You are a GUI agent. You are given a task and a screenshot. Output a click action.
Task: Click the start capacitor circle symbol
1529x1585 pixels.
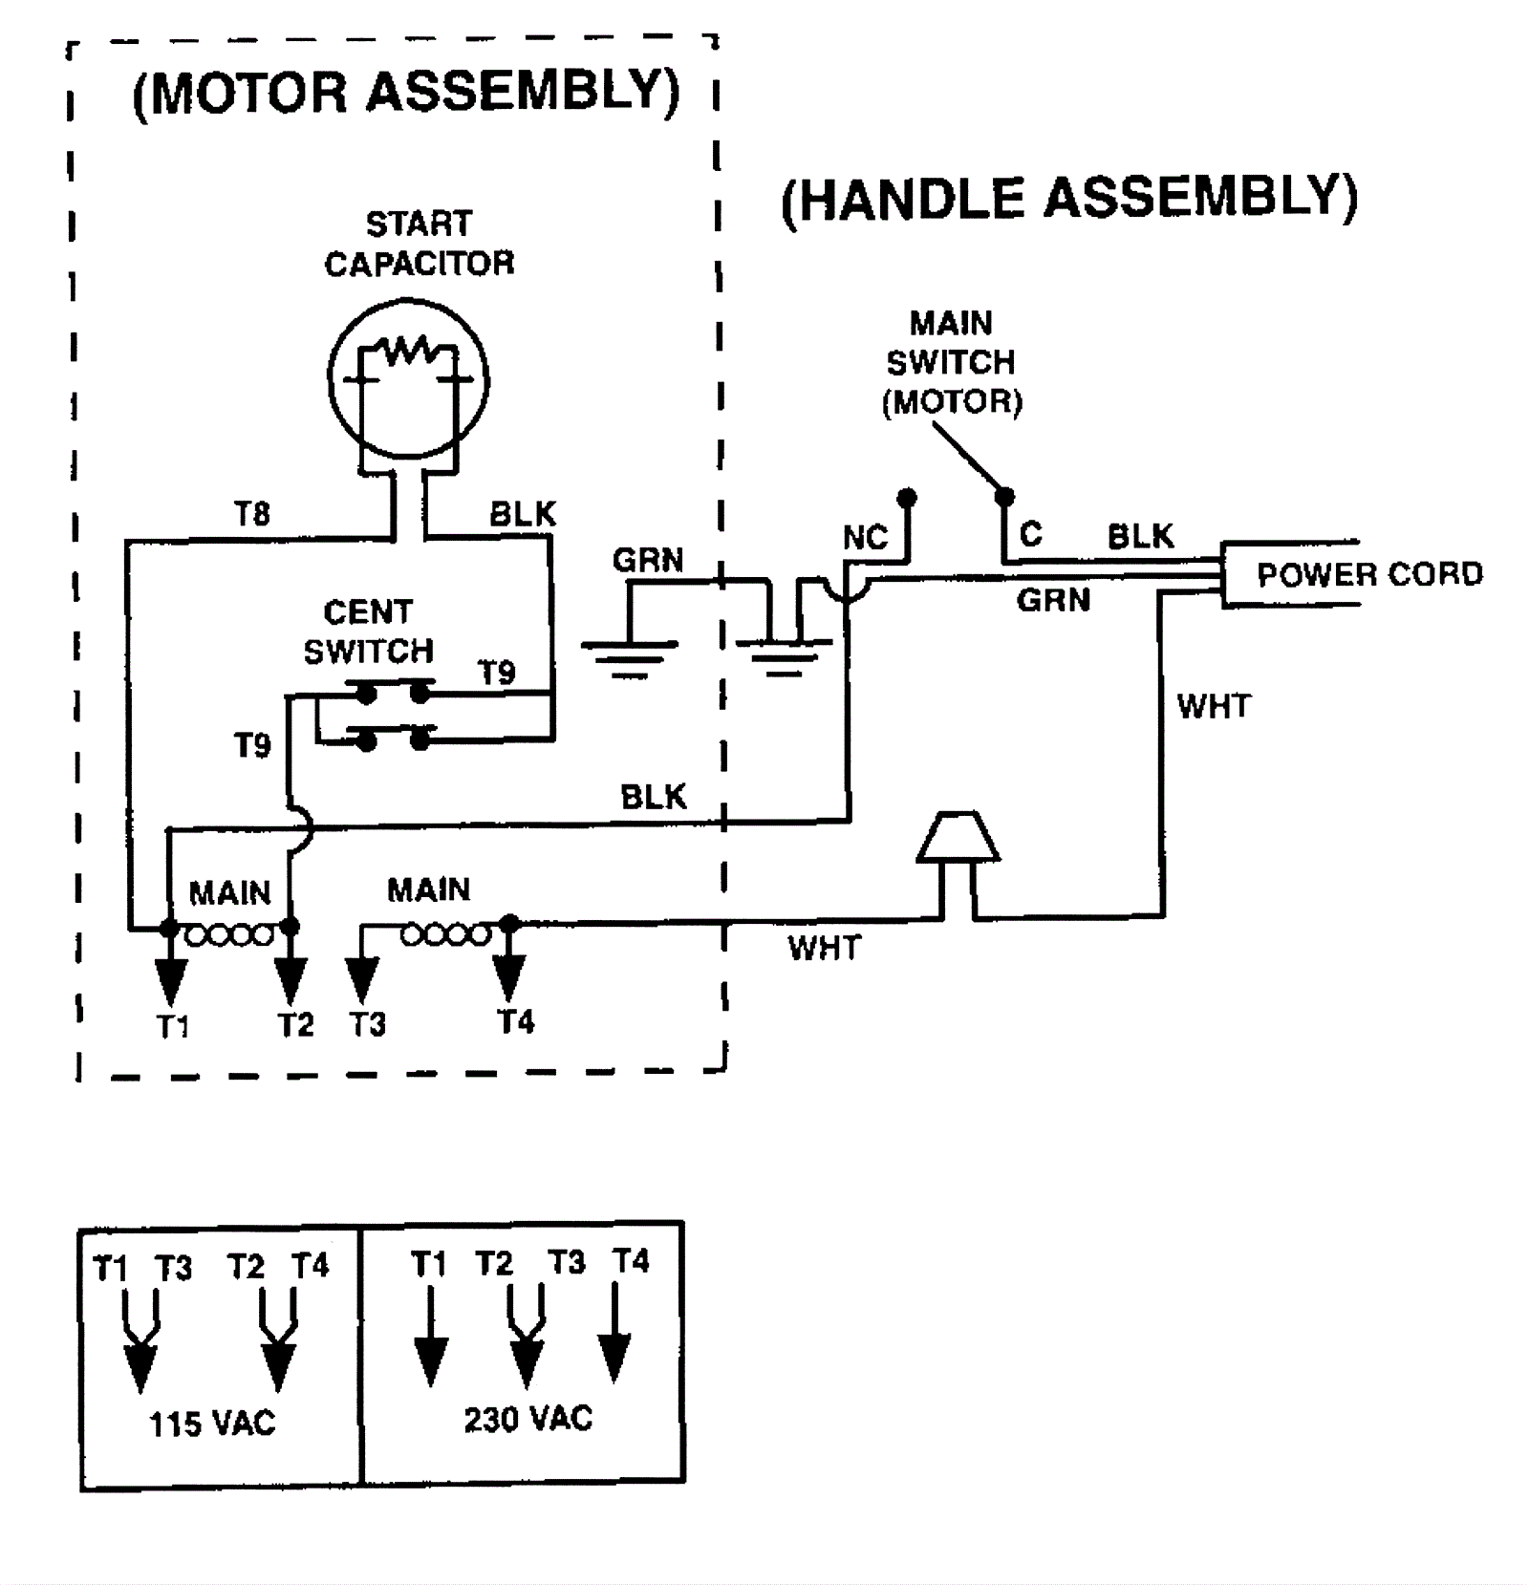(408, 378)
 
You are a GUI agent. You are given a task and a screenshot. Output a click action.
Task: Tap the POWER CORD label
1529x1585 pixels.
(1368, 574)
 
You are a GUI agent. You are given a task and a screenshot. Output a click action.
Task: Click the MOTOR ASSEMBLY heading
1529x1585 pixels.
(406, 93)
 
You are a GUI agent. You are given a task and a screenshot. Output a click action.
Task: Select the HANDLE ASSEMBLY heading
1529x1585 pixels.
(1069, 199)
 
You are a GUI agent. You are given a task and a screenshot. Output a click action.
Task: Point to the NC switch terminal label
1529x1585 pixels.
(865, 538)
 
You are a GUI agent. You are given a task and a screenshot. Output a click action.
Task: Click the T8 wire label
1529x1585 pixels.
(253, 514)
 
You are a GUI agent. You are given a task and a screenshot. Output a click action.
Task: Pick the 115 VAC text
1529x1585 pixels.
(212, 1424)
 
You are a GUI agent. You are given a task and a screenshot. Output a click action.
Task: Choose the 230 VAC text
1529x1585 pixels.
(528, 1419)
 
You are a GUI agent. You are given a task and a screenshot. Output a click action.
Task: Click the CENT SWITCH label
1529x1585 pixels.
(369, 632)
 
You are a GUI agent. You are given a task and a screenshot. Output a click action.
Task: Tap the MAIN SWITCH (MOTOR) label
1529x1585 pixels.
(952, 362)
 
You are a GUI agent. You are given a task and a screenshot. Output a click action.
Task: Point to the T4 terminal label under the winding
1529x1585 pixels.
(516, 1022)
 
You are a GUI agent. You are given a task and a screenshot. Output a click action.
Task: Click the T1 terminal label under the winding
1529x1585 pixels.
(173, 1027)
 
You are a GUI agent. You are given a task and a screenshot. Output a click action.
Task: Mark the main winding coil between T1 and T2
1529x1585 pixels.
(229, 934)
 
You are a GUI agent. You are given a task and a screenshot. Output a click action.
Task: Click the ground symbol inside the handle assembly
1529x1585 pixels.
(784, 654)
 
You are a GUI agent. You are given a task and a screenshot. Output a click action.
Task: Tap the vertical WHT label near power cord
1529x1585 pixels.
(1214, 706)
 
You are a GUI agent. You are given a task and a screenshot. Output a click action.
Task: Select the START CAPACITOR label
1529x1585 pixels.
(420, 244)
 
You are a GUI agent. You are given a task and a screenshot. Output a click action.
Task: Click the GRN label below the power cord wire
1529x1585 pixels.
(1053, 600)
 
